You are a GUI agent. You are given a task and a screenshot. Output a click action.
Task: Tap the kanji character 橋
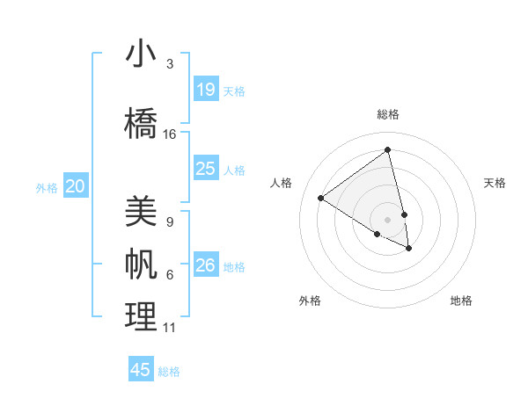[x=141, y=124]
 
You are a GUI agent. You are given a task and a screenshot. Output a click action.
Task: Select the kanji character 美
[x=141, y=212]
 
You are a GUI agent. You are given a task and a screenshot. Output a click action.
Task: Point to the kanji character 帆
[x=141, y=265]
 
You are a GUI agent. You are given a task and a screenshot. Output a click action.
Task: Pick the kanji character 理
[x=141, y=317]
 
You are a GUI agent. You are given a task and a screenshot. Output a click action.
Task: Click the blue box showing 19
[x=206, y=90]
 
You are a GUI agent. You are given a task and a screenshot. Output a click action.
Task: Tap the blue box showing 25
[x=206, y=168]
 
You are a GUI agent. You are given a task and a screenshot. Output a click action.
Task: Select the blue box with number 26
[x=206, y=265]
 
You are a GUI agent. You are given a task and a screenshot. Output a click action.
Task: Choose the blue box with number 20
[x=76, y=185]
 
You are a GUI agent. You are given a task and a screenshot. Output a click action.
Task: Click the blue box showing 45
[x=141, y=370]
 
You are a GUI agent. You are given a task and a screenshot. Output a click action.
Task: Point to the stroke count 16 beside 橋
[x=170, y=134]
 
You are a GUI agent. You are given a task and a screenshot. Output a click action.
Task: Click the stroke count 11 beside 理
[x=170, y=328]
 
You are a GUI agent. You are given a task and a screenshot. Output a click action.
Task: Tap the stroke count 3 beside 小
[x=170, y=64]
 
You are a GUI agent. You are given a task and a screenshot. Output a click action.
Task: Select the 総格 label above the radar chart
[x=388, y=114]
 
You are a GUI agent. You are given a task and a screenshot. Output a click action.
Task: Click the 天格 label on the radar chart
[x=495, y=183]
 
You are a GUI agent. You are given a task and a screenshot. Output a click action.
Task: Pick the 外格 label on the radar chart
[x=310, y=301]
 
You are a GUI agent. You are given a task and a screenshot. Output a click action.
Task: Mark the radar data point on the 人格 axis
[x=320, y=198]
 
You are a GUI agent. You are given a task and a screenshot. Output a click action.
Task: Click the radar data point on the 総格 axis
[x=387, y=150]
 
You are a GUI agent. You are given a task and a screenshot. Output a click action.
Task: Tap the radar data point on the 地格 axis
[x=409, y=249]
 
